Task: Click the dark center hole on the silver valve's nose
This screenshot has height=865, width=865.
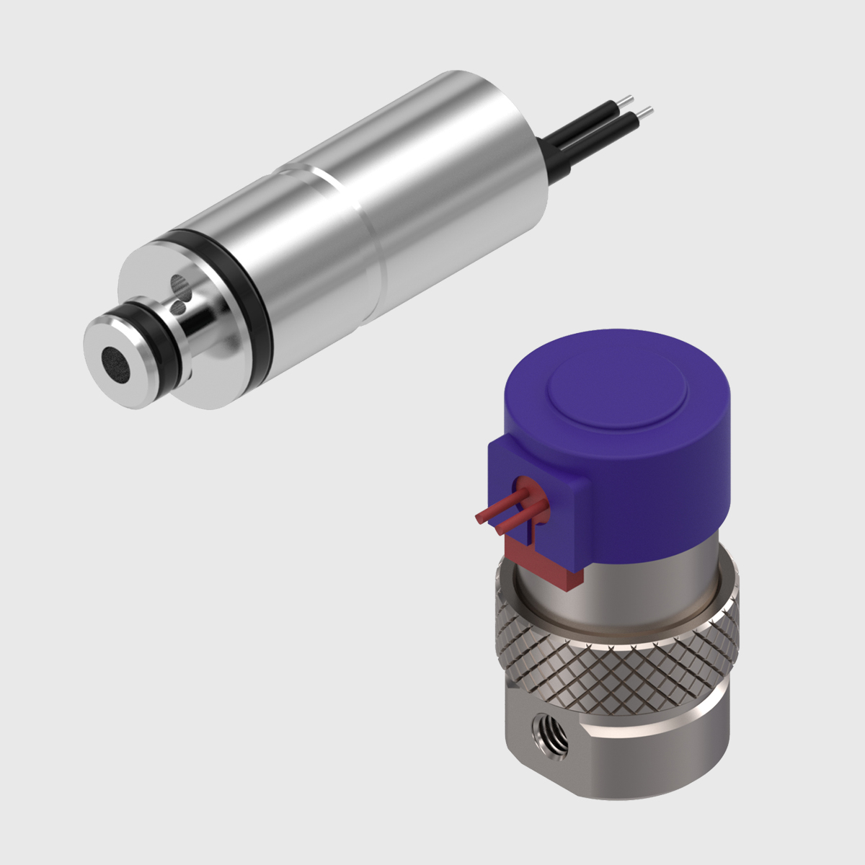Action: [x=114, y=360]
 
